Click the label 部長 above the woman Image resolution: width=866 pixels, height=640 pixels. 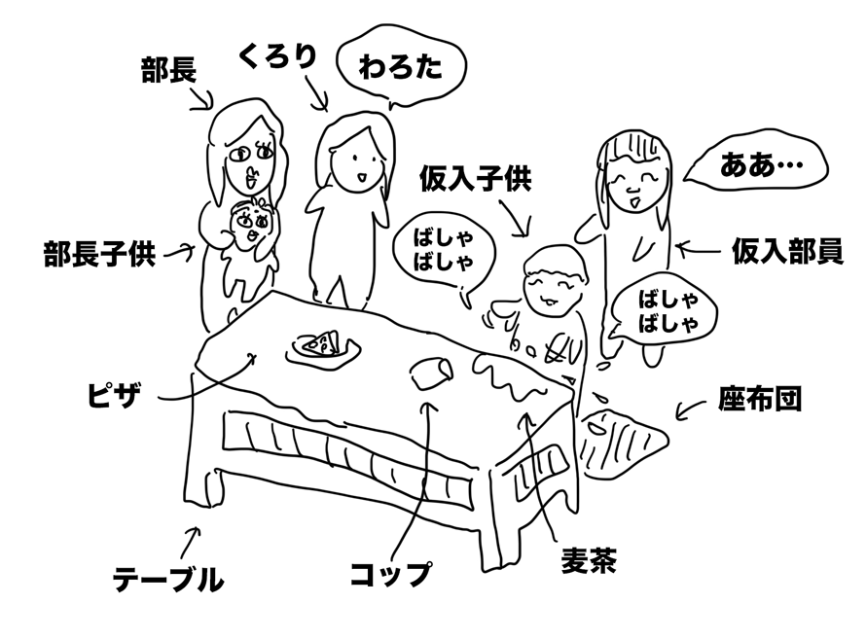(168, 70)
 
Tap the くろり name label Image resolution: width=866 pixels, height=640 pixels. (278, 57)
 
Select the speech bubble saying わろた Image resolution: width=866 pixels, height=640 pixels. (400, 67)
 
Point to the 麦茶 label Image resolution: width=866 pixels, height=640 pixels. (589, 561)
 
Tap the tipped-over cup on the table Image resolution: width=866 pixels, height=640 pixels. (431, 373)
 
